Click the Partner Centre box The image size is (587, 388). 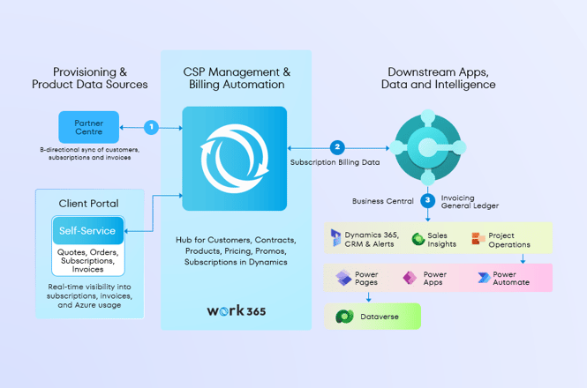pyautogui.click(x=88, y=127)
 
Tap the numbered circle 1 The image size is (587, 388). pyautogui.click(x=151, y=127)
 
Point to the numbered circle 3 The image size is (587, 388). pyautogui.click(x=427, y=200)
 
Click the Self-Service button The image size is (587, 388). pyautogui.click(x=88, y=231)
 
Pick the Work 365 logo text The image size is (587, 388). pyautogui.click(x=236, y=310)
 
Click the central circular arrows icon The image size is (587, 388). pyautogui.click(x=234, y=159)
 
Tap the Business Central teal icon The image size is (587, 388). pyautogui.click(x=427, y=145)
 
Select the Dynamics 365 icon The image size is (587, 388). pyautogui.click(x=335, y=238)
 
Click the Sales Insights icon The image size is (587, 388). pyautogui.click(x=418, y=238)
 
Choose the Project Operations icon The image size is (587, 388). pyautogui.click(x=478, y=238)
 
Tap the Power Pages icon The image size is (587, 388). pyautogui.click(x=343, y=279)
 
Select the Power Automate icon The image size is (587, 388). pyautogui.click(x=483, y=279)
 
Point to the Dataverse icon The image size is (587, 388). pyautogui.click(x=342, y=316)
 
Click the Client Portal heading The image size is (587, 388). pyautogui.click(x=88, y=203)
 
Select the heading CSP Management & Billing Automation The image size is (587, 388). pyautogui.click(x=236, y=78)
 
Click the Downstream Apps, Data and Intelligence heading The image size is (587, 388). pyautogui.click(x=438, y=78)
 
